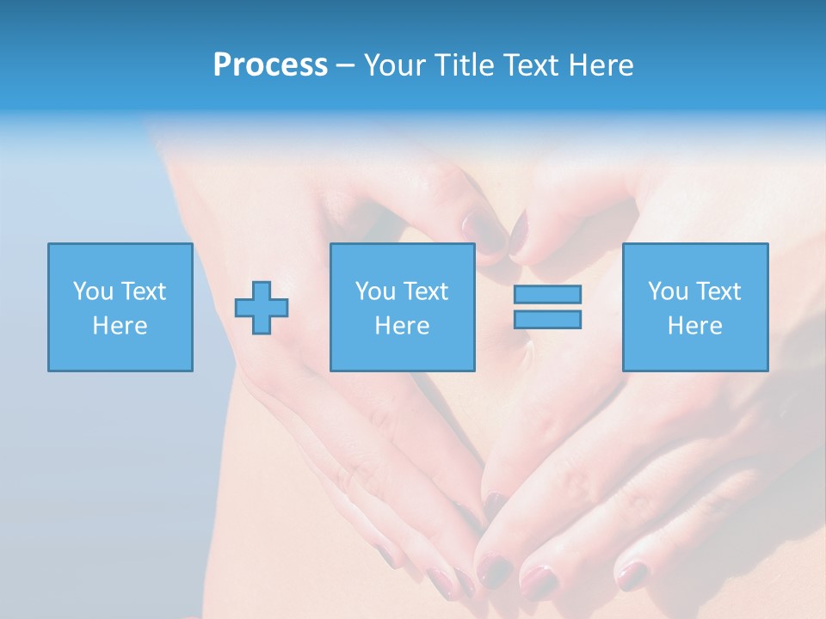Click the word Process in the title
270,65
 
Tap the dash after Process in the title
345,66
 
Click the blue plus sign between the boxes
262,307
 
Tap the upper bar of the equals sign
547,294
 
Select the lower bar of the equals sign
547,319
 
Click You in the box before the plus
93,291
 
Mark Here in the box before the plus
120,326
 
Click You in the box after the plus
375,291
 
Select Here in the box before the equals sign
402,326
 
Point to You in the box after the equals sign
668,291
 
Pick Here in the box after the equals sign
694,326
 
